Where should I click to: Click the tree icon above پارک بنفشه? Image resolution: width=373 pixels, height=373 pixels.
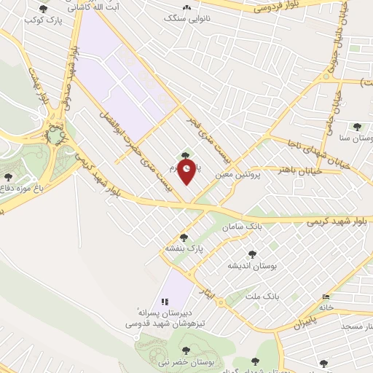[x=184, y=237]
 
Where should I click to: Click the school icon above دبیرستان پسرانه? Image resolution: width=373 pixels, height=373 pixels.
[x=165, y=301]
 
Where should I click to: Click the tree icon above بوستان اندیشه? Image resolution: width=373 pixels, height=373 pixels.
[x=252, y=254]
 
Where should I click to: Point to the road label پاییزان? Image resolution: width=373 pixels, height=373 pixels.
[x=307, y=321]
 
